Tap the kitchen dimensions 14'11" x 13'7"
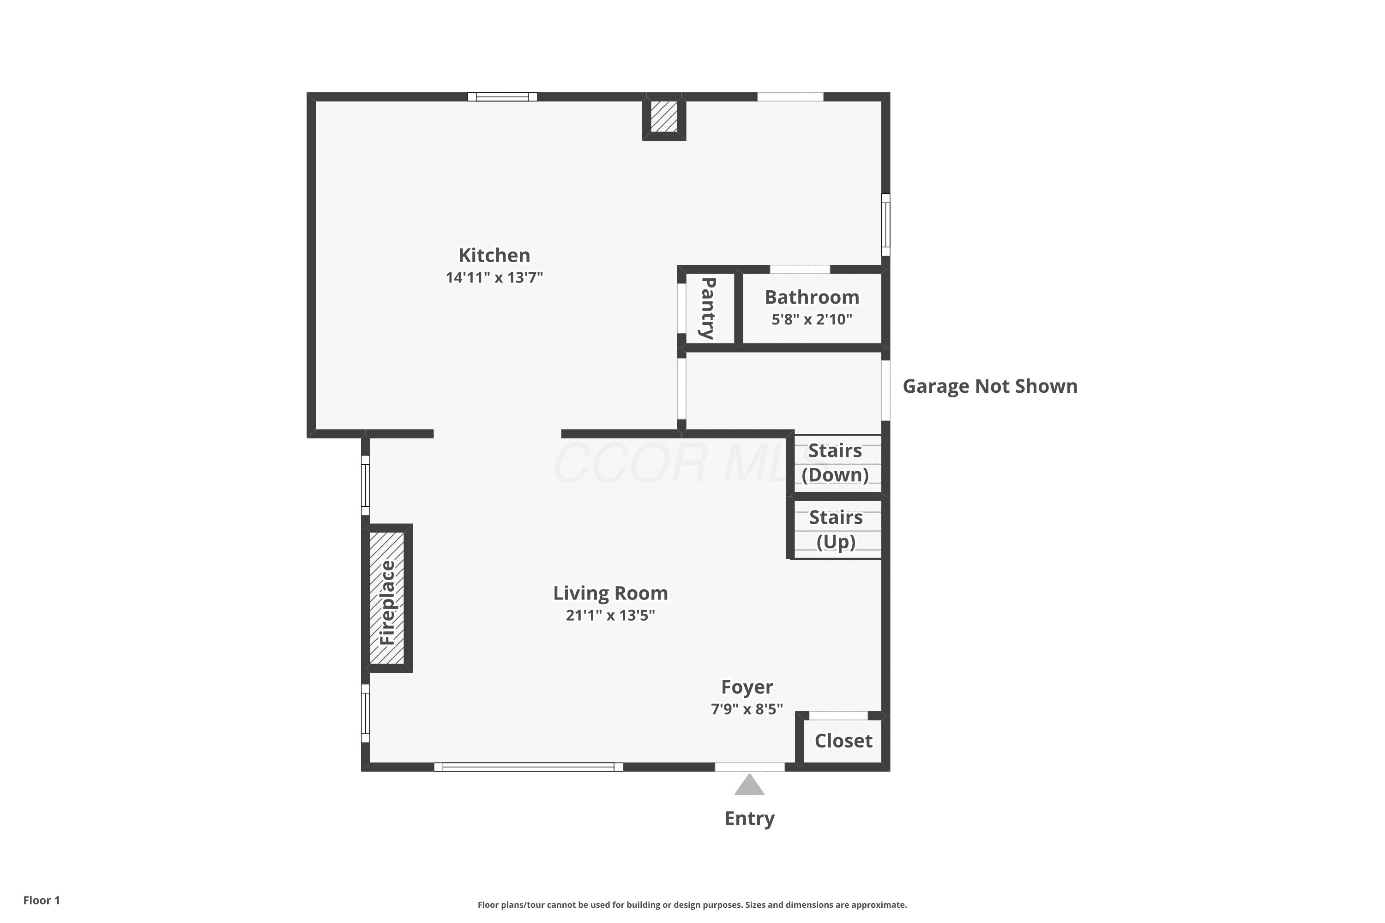pos(494,277)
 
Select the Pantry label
pos(708,308)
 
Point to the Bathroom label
pos(812,297)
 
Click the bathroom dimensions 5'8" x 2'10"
pos(812,319)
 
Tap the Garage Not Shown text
pos(990,386)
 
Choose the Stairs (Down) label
pos(835,463)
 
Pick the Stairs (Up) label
pos(836,529)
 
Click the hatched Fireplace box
pos(387,598)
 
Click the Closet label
pos(843,741)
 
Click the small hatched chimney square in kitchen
pos(664,117)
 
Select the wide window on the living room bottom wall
pos(528,767)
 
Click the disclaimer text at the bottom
pos(692,905)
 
